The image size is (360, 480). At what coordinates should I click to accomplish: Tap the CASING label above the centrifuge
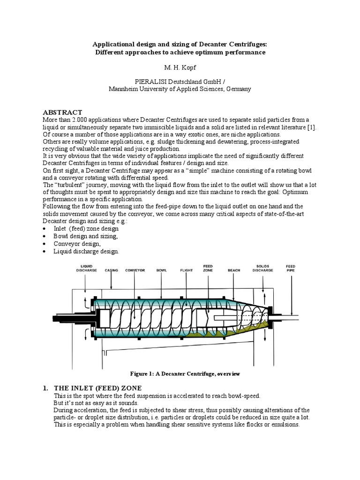(x=112, y=270)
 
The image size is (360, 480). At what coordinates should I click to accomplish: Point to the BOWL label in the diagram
(x=161, y=270)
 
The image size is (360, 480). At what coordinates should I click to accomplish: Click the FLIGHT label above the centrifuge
(x=187, y=270)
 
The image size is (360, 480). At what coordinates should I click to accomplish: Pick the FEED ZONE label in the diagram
(x=208, y=268)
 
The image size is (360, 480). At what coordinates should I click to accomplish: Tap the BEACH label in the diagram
(x=234, y=270)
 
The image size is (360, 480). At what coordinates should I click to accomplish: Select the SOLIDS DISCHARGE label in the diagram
(x=262, y=268)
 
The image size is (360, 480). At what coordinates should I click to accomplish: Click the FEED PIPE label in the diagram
(x=291, y=268)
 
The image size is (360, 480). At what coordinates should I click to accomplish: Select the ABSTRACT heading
(x=62, y=112)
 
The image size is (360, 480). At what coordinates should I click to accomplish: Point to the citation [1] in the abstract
(x=312, y=128)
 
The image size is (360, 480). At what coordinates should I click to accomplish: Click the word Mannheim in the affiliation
(x=123, y=89)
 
